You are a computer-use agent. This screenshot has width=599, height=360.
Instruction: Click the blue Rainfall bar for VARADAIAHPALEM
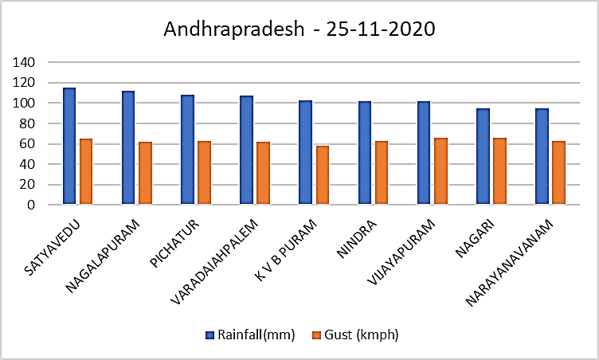click(246, 151)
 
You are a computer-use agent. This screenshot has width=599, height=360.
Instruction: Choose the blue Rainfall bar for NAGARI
click(483, 156)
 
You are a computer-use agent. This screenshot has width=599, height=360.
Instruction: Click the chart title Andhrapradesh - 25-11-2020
click(299, 30)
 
